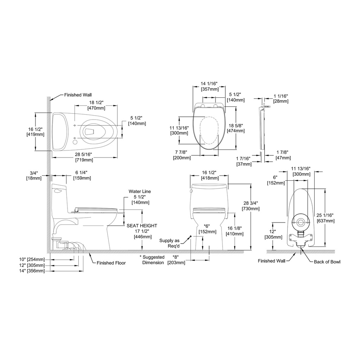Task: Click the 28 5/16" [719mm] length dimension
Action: click(x=84, y=157)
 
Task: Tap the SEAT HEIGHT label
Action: click(x=142, y=226)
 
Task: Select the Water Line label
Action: click(x=140, y=191)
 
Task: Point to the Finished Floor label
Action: click(x=111, y=263)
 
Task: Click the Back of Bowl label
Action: click(x=327, y=262)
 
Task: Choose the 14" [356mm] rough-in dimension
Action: click(x=32, y=271)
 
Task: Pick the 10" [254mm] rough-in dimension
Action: click(x=32, y=260)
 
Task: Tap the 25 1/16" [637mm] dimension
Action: click(x=325, y=218)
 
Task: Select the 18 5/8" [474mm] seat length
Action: click(x=236, y=128)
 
